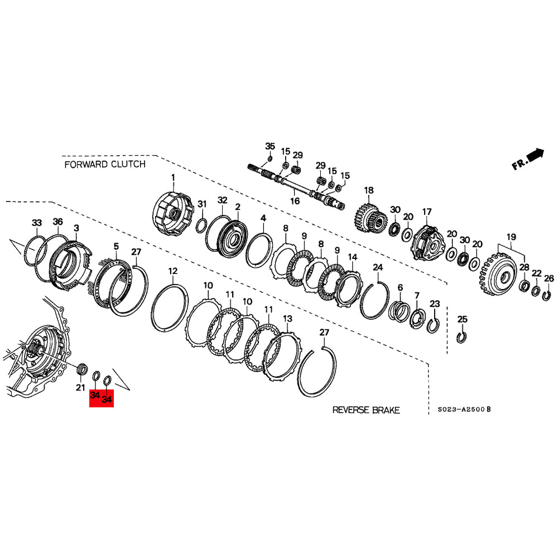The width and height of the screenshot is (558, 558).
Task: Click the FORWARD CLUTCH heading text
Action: point(105,164)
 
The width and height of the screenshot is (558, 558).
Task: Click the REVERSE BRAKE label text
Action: point(366,410)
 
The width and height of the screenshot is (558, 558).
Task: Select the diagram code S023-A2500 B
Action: point(464,410)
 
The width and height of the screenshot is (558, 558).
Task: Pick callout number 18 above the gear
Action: point(368,191)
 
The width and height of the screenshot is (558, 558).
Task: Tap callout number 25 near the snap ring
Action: point(462,319)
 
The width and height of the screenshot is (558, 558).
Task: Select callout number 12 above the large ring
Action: point(173,271)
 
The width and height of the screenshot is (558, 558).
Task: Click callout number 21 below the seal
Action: point(80,388)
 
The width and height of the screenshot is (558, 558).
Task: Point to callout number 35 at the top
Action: point(270,147)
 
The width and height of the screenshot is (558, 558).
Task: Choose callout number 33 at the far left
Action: point(37,223)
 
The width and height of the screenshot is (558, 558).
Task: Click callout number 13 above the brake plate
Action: point(287,319)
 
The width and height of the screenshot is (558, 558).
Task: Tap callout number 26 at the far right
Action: point(549,279)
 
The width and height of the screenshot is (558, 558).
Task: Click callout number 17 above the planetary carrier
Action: point(427,212)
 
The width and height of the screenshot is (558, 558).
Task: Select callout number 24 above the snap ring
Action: point(378,268)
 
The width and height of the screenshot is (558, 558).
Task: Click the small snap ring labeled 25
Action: point(462,336)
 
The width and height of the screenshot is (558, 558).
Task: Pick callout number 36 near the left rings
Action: point(58,222)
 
